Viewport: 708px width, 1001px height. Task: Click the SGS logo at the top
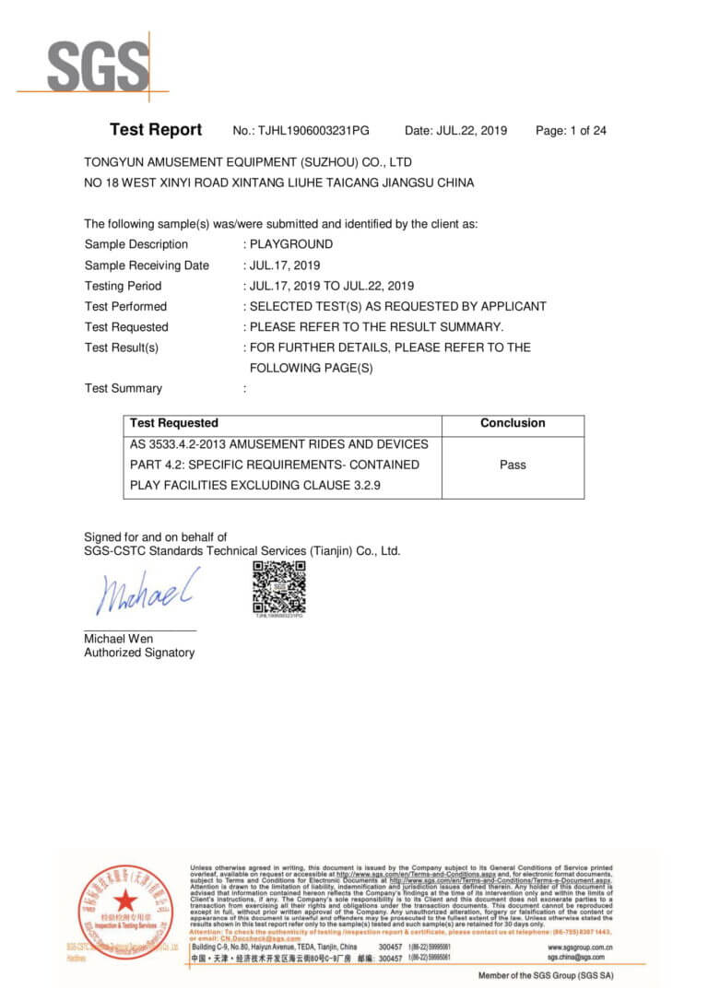tap(97, 67)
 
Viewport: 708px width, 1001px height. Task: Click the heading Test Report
tap(156, 130)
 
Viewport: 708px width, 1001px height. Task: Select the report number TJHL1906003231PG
tap(313, 131)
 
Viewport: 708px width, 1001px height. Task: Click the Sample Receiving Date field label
tap(147, 265)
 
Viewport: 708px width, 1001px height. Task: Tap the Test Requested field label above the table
tap(126, 327)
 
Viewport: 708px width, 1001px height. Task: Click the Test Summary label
tap(123, 388)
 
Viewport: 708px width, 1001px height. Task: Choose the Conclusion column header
tap(513, 423)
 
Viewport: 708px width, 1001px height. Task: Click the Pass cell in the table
tap(513, 465)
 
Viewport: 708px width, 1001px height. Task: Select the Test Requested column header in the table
tap(174, 423)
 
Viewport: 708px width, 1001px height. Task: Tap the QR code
tap(278, 586)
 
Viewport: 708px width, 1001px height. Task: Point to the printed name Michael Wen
tap(119, 639)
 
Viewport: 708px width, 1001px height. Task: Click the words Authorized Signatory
tap(139, 653)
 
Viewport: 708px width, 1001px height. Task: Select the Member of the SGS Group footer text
tap(546, 975)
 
